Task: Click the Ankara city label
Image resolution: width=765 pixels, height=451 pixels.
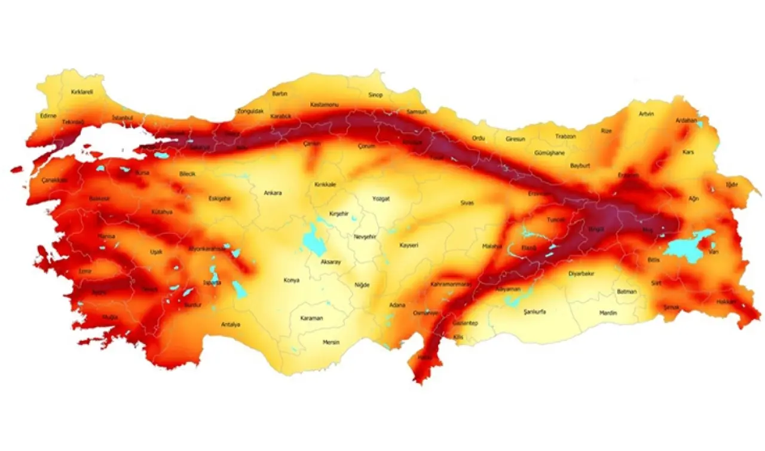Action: coord(273,193)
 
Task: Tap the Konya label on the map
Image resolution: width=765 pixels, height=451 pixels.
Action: coord(292,280)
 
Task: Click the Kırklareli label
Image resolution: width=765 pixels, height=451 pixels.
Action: coord(82,92)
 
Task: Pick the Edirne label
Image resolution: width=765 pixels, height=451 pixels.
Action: coord(48,115)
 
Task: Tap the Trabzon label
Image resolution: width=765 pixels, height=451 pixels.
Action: coord(565,136)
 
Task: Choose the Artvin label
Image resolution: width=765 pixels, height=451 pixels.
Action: coord(646,114)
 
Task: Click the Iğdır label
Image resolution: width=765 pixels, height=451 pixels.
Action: coord(732,184)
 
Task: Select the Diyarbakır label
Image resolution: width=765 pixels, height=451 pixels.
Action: coord(582,273)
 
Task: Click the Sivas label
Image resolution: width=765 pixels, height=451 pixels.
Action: coord(467,203)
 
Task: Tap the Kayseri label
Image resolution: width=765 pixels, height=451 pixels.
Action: coord(409,245)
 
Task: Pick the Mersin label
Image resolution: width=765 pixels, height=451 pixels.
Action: coord(331,342)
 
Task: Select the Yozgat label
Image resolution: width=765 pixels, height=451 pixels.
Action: coord(381,198)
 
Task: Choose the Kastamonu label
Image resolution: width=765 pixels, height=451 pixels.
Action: coord(325,105)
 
